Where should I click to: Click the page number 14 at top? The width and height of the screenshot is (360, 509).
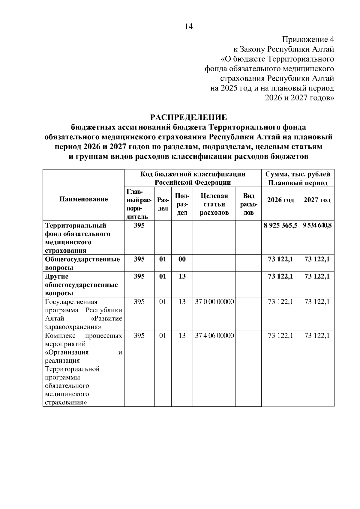(x=188, y=27)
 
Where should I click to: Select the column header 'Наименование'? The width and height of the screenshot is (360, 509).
(x=84, y=199)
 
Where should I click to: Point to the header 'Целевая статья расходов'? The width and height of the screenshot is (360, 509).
(x=214, y=204)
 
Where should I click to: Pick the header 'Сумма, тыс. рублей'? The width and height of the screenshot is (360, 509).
(x=298, y=174)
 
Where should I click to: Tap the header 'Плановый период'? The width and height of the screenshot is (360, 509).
(x=298, y=183)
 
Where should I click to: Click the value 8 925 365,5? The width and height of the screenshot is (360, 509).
(x=280, y=225)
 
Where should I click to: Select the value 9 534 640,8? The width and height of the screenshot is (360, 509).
(x=317, y=225)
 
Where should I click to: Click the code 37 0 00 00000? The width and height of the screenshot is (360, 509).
(x=214, y=302)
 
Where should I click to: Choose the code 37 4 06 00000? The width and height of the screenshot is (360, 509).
(x=214, y=336)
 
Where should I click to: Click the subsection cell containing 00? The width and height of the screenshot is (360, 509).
(x=182, y=259)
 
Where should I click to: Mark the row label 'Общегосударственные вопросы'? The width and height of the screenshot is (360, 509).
(x=82, y=263)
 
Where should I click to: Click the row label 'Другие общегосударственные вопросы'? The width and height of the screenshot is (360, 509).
(x=81, y=284)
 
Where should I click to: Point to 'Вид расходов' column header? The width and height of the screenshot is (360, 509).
(x=248, y=204)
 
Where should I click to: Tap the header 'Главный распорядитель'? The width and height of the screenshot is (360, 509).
(x=139, y=204)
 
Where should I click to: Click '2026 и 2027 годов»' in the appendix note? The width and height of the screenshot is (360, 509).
(x=299, y=98)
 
